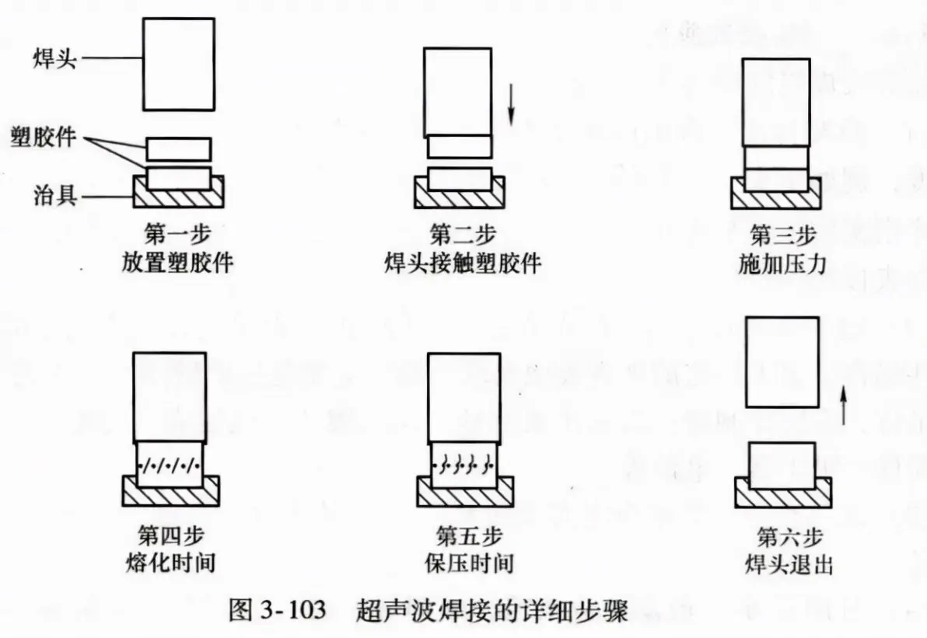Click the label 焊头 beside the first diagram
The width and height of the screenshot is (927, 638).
pos(54,59)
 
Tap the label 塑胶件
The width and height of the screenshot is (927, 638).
pos(44,137)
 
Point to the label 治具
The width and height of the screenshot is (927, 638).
pos(55,194)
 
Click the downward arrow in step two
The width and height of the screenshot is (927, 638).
pos(512,105)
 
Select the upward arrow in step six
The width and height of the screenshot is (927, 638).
pos(844,405)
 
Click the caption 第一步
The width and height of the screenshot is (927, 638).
pos(177,235)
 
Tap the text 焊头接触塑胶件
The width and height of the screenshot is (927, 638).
pos(463,263)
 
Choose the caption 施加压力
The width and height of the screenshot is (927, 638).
pos(783,263)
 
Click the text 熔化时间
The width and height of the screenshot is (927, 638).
pos(170,563)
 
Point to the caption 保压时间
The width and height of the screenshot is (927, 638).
pos(469,563)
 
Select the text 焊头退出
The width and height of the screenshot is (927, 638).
pos(789,564)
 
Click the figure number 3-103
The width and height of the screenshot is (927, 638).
pos(292,609)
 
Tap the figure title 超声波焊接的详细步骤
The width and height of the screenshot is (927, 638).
pos(491,610)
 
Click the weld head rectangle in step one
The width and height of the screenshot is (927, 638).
pos(179,64)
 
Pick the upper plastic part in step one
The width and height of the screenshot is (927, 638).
pos(179,149)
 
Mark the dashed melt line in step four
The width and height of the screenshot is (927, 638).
pos(170,465)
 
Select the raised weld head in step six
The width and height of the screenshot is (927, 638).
pos(782,362)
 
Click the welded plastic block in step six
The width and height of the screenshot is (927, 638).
pos(782,465)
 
